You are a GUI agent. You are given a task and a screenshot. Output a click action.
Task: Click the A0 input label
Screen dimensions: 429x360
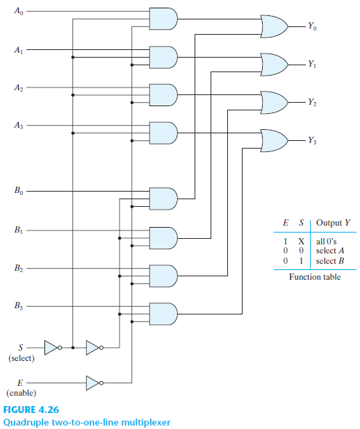[x=18, y=12]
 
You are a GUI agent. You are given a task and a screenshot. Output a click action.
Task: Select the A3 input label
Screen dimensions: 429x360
[x=18, y=125]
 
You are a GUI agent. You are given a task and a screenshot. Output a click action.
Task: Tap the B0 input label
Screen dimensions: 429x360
[x=18, y=190]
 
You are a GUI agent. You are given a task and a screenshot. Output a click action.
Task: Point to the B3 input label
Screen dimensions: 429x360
[x=18, y=305]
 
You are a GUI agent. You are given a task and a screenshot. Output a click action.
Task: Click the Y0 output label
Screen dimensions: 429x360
[x=314, y=27]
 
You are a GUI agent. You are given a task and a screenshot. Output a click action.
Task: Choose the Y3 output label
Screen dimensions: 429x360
[x=314, y=141]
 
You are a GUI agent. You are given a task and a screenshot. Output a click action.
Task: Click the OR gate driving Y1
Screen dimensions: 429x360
[x=273, y=64]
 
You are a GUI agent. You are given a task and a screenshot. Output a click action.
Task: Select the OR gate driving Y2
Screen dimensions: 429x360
[x=273, y=102]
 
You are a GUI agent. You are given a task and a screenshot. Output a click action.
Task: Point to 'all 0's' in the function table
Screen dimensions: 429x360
[x=325, y=239]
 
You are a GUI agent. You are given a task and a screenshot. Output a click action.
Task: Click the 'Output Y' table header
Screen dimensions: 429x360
[x=332, y=223]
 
